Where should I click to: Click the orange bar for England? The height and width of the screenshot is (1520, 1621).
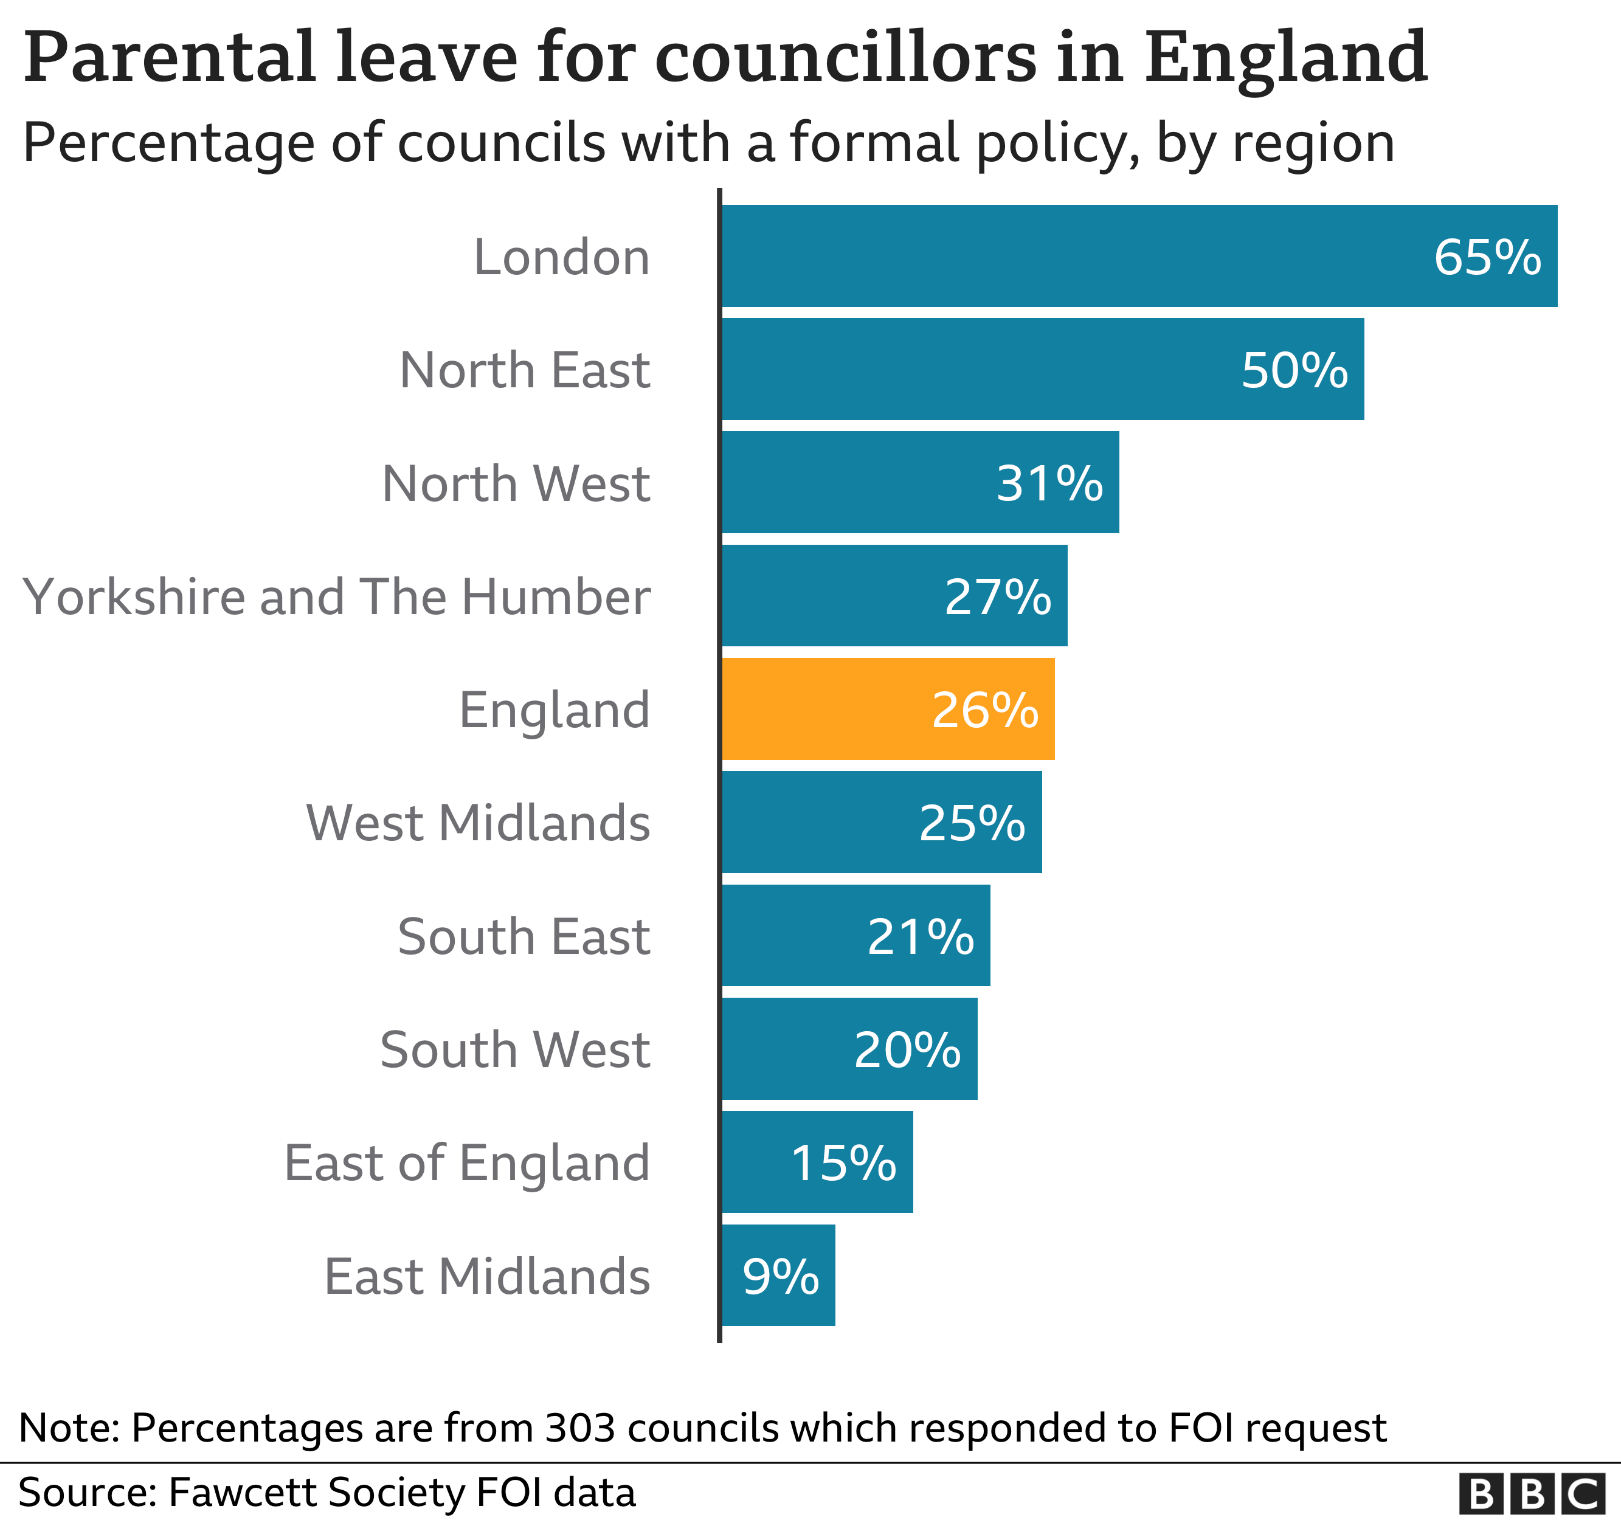(x=887, y=709)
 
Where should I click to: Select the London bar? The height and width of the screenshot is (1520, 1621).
(x=1138, y=255)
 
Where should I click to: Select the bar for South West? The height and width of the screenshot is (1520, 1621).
(x=848, y=1049)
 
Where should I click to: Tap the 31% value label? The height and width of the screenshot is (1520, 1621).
(x=1049, y=483)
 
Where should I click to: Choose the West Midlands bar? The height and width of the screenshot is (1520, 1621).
(x=880, y=822)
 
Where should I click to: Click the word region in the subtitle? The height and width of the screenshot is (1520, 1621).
(x=1313, y=143)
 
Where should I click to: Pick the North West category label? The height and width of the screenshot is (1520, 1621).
(x=516, y=483)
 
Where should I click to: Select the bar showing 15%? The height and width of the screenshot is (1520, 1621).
(x=815, y=1162)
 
